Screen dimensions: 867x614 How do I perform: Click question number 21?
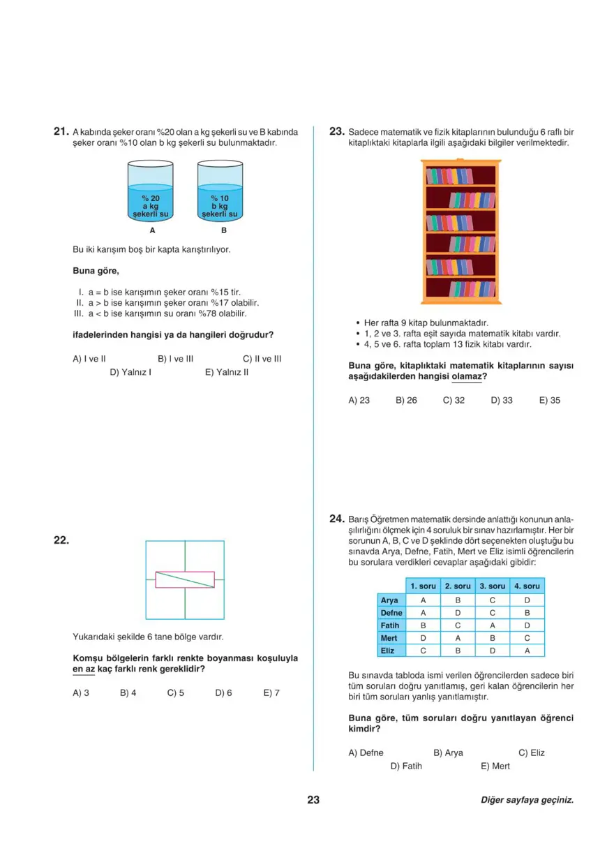tap(61, 131)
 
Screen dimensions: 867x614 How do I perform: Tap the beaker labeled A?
tap(151, 191)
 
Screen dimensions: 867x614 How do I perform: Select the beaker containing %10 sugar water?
tap(220, 191)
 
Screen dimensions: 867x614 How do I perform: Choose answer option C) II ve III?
tap(262, 359)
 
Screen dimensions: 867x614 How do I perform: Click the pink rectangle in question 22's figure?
tap(185, 579)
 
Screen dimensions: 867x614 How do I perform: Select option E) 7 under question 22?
tap(271, 693)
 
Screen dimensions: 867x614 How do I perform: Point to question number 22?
tap(61, 540)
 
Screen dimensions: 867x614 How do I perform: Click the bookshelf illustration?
tap(458, 232)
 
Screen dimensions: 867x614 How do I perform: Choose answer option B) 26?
tap(406, 401)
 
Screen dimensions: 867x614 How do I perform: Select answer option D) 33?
tap(501, 401)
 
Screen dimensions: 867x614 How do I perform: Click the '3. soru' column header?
tap(493, 586)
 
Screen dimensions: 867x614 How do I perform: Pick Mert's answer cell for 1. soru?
tap(423, 638)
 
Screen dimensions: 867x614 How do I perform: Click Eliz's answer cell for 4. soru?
tap(527, 651)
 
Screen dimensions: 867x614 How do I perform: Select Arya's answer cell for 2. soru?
tap(458, 600)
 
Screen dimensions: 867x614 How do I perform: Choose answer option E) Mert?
tap(495, 766)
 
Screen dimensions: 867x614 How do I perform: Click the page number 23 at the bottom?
tap(313, 800)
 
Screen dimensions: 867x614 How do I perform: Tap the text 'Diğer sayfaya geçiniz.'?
tap(527, 800)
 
